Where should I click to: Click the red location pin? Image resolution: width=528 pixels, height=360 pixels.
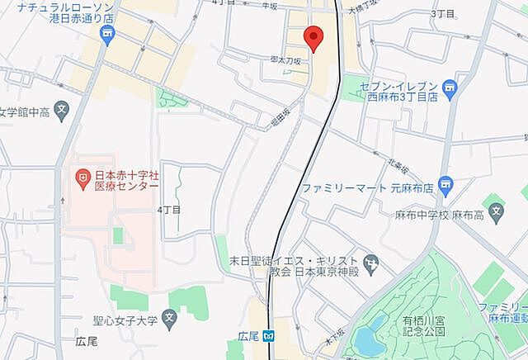click(x=313, y=38)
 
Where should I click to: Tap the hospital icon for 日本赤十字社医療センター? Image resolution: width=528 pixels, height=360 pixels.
click(x=82, y=176)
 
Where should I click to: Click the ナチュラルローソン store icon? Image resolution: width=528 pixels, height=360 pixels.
click(x=106, y=32)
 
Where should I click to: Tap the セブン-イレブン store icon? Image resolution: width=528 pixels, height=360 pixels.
click(x=449, y=87)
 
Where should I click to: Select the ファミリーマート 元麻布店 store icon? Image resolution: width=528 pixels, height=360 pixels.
click(x=445, y=182)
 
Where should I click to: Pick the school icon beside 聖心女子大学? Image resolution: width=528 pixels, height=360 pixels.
click(x=168, y=317)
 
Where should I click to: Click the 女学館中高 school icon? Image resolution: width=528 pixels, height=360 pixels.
click(x=61, y=107)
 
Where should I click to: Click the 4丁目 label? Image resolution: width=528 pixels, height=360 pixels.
click(x=168, y=210)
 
